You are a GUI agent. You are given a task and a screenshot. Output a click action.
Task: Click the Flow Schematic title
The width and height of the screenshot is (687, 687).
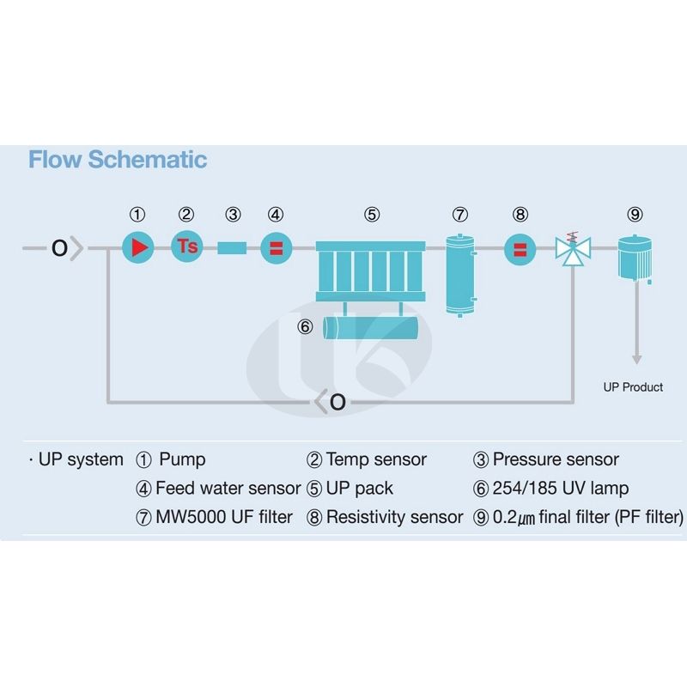click(118, 160)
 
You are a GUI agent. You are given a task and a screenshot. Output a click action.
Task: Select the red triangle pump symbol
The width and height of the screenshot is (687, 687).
click(137, 247)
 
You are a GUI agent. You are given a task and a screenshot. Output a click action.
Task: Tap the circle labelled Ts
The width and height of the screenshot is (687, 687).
click(187, 247)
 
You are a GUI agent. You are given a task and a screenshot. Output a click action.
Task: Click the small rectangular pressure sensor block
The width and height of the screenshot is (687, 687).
click(232, 248)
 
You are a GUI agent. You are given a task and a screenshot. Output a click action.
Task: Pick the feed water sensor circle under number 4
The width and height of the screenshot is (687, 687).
click(277, 248)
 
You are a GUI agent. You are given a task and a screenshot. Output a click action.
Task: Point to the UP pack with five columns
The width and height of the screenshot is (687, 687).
click(371, 271)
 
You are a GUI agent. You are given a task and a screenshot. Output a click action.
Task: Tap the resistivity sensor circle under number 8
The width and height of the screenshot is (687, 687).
click(520, 249)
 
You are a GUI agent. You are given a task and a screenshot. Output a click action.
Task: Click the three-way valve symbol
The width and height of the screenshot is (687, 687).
click(569, 250)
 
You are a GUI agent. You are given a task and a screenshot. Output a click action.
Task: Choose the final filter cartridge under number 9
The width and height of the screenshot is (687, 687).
click(636, 256)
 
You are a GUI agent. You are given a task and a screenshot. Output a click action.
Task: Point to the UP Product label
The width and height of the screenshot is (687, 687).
click(633, 387)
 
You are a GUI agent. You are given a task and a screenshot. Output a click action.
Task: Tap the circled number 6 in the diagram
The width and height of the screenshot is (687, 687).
click(304, 326)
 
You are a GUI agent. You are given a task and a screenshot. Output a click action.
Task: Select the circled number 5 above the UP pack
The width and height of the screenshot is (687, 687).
click(371, 215)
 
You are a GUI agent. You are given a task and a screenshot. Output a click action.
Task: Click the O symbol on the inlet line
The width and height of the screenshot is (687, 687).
click(59, 248)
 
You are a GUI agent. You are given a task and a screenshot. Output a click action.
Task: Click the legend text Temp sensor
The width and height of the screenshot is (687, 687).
click(376, 459)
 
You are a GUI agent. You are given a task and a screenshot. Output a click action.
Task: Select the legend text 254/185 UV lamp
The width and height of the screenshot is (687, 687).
click(560, 488)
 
